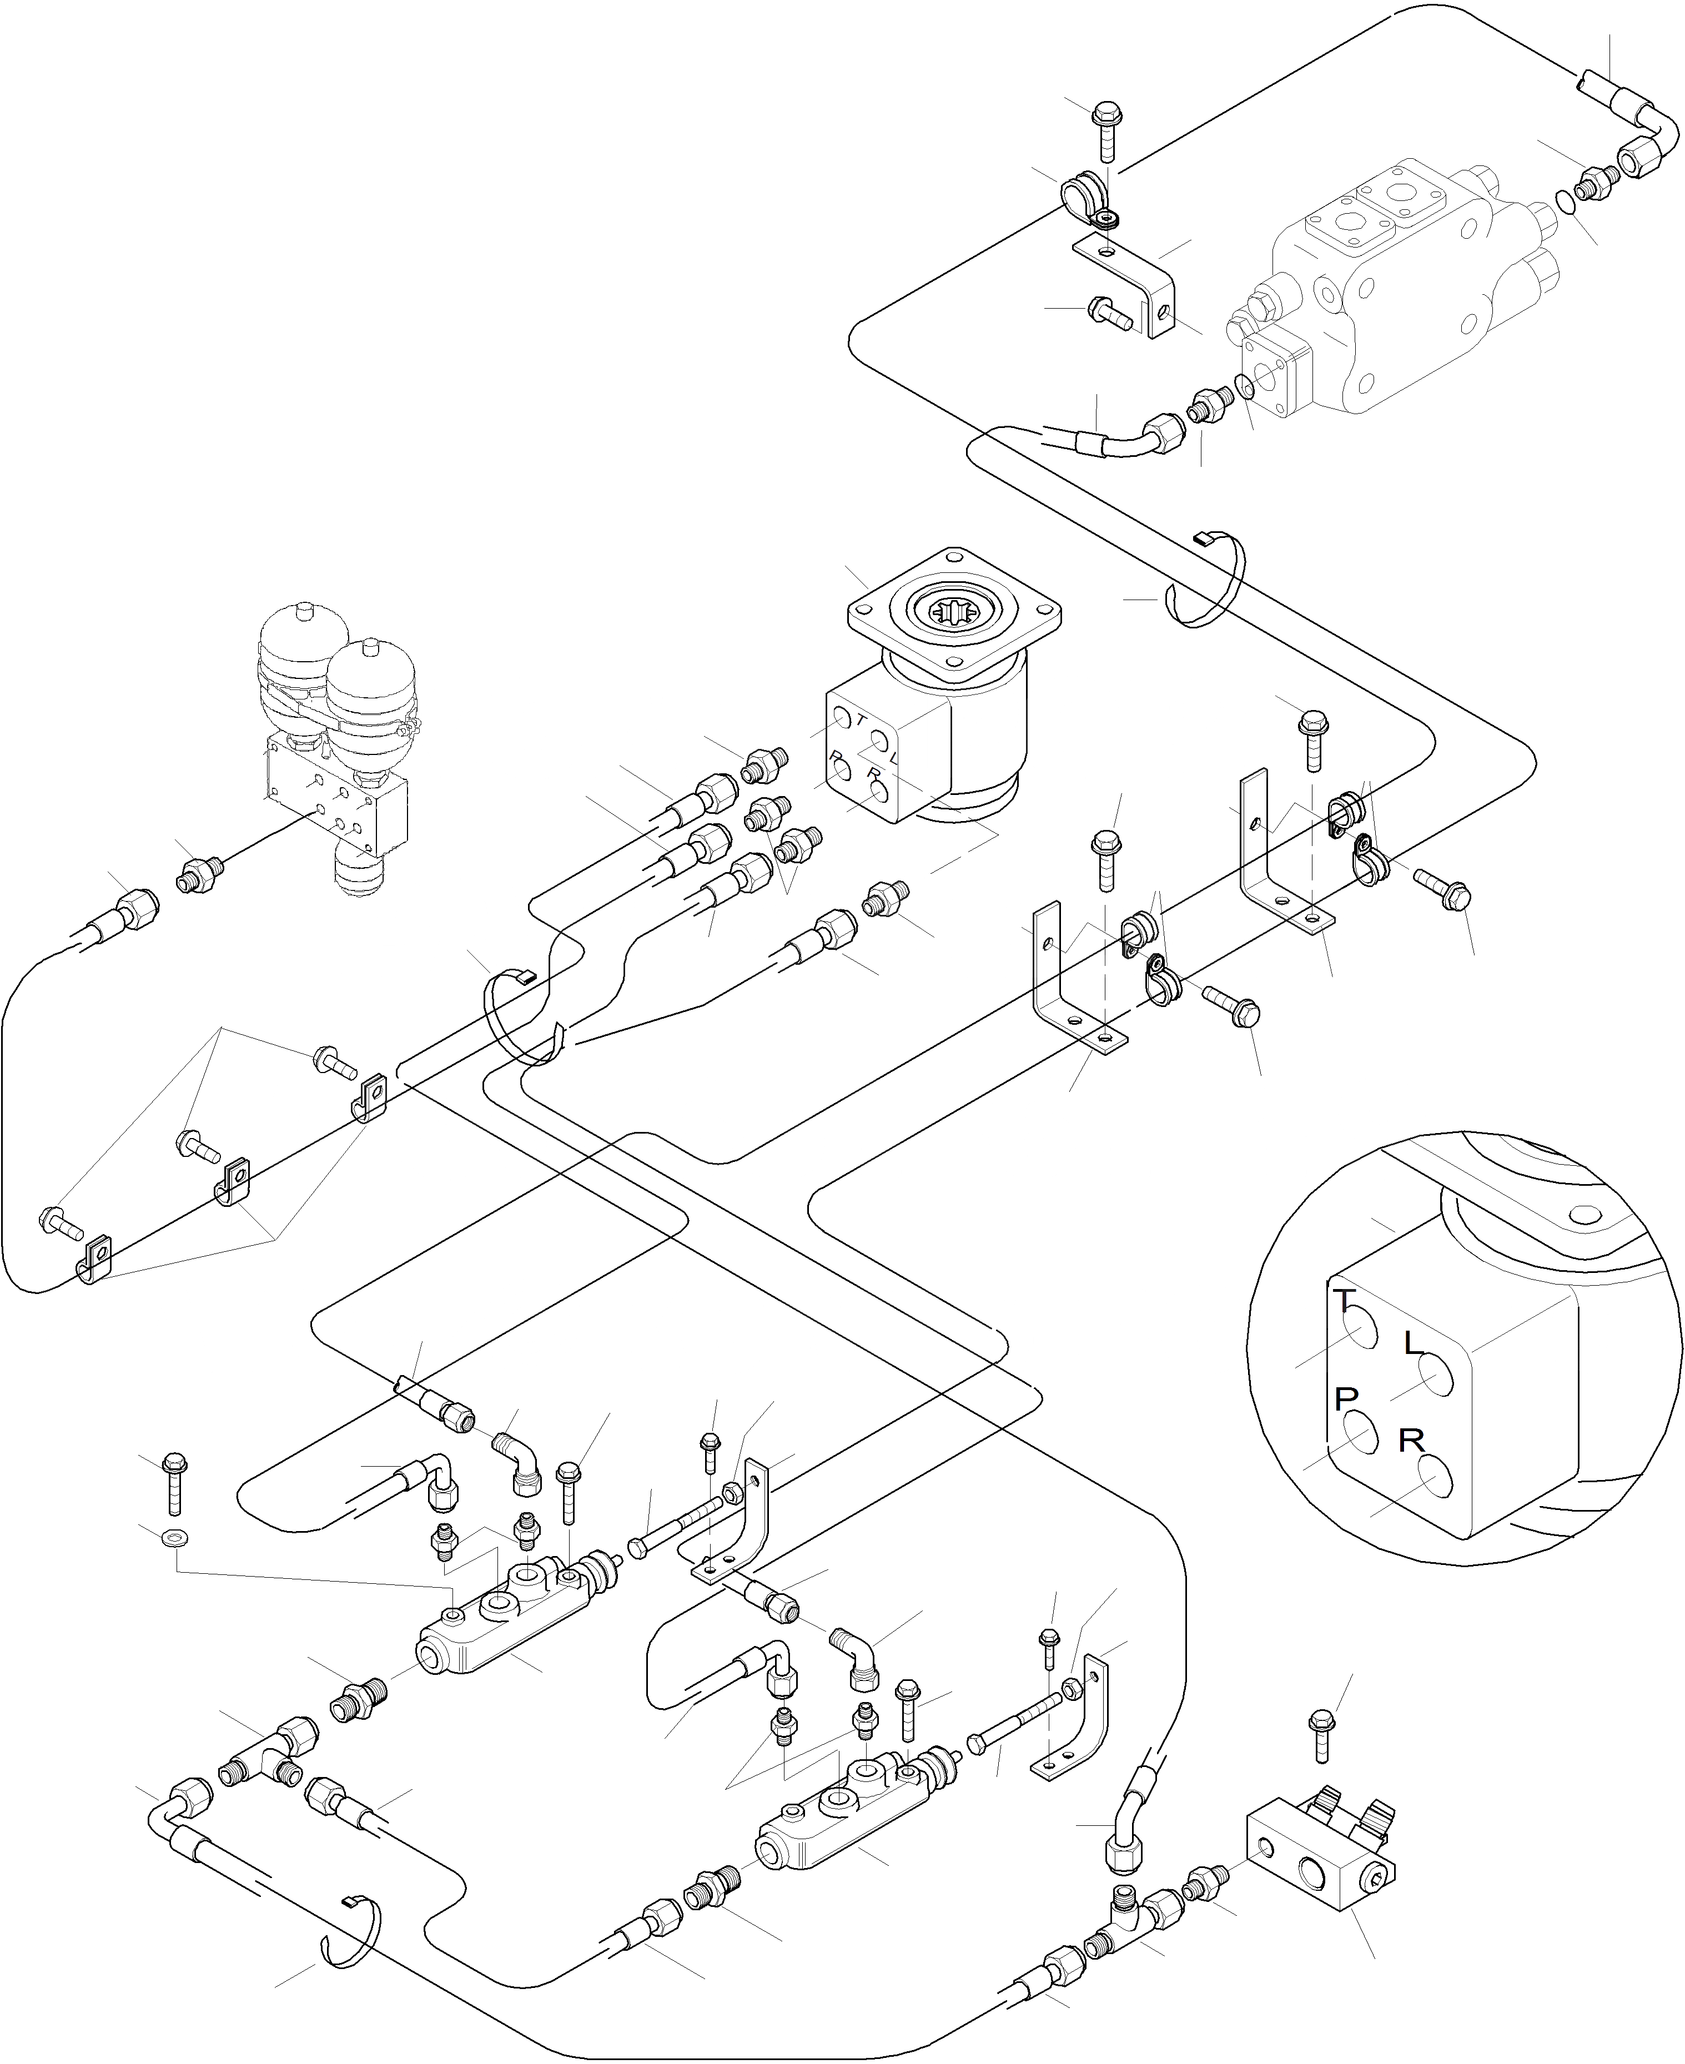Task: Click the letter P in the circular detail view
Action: pos(1345,1398)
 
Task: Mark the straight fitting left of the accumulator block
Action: pos(200,874)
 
